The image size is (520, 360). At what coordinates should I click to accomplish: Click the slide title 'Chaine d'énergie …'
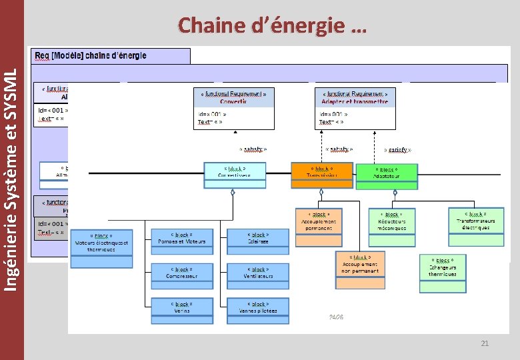pyautogui.click(x=272, y=26)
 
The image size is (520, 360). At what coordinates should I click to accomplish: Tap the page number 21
pyautogui.click(x=485, y=343)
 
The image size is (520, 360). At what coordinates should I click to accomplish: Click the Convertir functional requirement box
pyautogui.click(x=233, y=108)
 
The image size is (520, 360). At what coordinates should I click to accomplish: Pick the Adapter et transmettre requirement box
pyautogui.click(x=355, y=108)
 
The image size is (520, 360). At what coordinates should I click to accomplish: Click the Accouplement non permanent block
pyautogui.click(x=360, y=269)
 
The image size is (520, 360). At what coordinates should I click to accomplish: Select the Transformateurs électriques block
pyautogui.click(x=476, y=222)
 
